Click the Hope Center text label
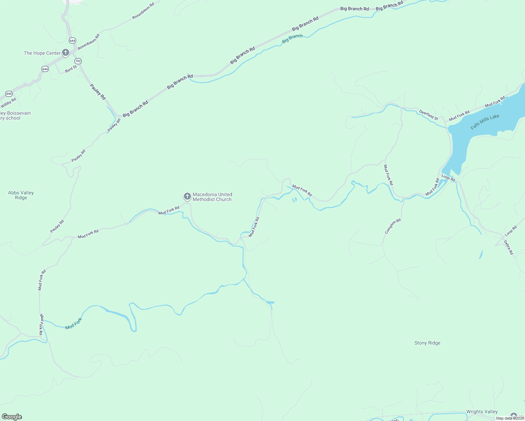click(x=42, y=53)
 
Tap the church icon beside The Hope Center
click(x=65, y=53)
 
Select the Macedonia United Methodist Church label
click(x=212, y=197)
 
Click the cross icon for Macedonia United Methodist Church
click(x=187, y=196)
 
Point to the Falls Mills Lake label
click(x=485, y=122)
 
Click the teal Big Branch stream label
click(x=292, y=39)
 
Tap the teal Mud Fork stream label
click(x=73, y=323)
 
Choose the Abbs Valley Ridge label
click(x=21, y=195)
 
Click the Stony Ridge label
click(x=427, y=343)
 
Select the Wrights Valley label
click(x=482, y=412)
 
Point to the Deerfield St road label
click(x=428, y=115)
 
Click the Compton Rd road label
click(x=393, y=226)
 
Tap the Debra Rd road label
click(x=508, y=247)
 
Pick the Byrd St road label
click(x=71, y=69)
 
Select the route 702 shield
click(x=78, y=61)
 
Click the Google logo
click(x=12, y=417)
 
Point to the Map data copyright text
click(x=510, y=418)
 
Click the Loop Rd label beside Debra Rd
click(x=511, y=231)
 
